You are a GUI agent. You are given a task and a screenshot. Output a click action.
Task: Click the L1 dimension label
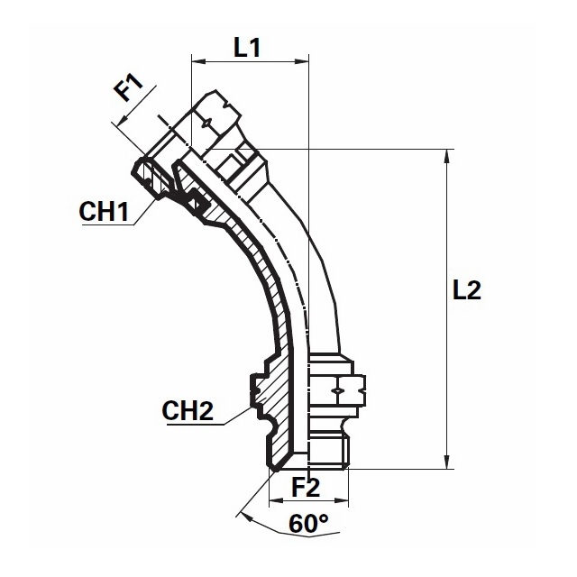click(247, 47)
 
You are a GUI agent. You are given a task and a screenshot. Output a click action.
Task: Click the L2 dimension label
click(467, 290)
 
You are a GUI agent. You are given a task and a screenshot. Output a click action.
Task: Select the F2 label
click(306, 487)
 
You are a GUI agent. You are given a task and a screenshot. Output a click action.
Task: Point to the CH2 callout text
click(188, 410)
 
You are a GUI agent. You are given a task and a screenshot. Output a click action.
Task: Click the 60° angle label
click(308, 523)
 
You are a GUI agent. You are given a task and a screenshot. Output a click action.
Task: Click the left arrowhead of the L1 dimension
click(198, 61)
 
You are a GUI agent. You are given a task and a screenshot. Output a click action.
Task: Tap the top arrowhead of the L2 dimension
click(447, 156)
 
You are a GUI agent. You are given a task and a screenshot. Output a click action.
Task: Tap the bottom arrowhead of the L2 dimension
click(447, 463)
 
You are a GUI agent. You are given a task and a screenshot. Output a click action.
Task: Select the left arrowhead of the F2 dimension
click(276, 501)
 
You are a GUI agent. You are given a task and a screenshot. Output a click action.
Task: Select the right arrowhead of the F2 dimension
click(342, 501)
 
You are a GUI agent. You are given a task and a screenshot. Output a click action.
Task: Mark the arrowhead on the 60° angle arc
click(244, 517)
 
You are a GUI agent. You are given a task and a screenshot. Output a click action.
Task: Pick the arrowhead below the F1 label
click(123, 120)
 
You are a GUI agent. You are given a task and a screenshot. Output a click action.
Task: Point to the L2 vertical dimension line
click(447, 309)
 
